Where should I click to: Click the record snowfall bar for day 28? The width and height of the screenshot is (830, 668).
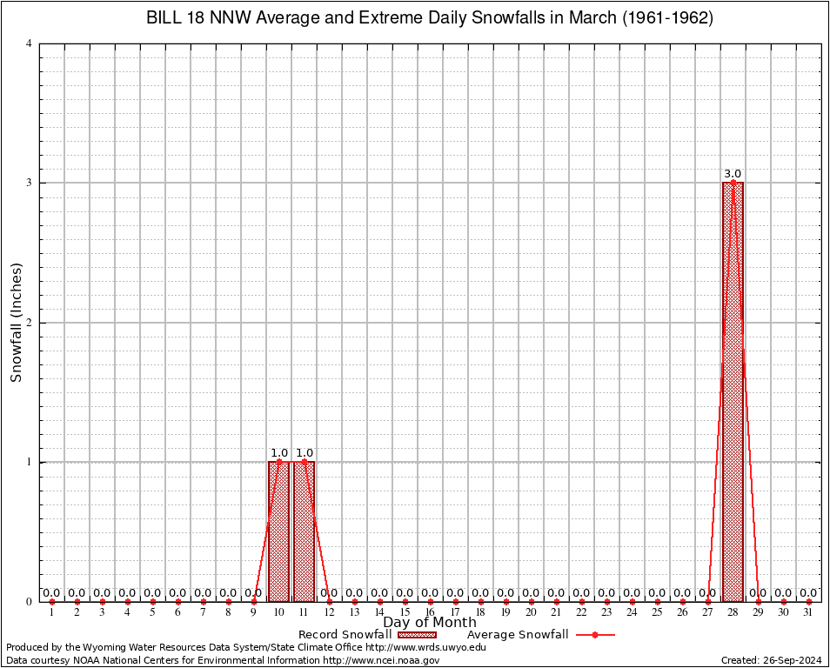click(x=733, y=391)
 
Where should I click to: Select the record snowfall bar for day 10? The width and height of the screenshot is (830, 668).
click(x=278, y=531)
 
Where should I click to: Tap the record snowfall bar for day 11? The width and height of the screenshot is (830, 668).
click(x=304, y=531)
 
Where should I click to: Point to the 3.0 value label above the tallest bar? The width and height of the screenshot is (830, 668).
click(x=733, y=174)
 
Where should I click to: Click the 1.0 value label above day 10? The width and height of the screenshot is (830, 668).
click(x=278, y=453)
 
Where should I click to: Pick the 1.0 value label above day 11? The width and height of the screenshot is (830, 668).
click(x=304, y=453)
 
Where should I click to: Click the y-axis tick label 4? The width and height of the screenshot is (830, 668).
click(x=30, y=43)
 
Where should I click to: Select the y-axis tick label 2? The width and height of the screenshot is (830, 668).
click(x=30, y=323)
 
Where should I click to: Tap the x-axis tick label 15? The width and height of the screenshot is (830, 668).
click(x=405, y=612)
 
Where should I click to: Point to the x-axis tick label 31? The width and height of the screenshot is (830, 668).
click(x=808, y=612)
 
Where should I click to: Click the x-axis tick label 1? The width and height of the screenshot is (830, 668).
click(x=51, y=612)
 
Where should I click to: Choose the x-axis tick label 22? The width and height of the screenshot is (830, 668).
click(x=581, y=612)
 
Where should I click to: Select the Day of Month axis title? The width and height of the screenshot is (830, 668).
click(x=430, y=623)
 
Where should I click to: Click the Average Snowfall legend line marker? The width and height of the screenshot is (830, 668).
click(x=594, y=635)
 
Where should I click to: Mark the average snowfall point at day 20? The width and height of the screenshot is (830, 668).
click(x=531, y=601)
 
